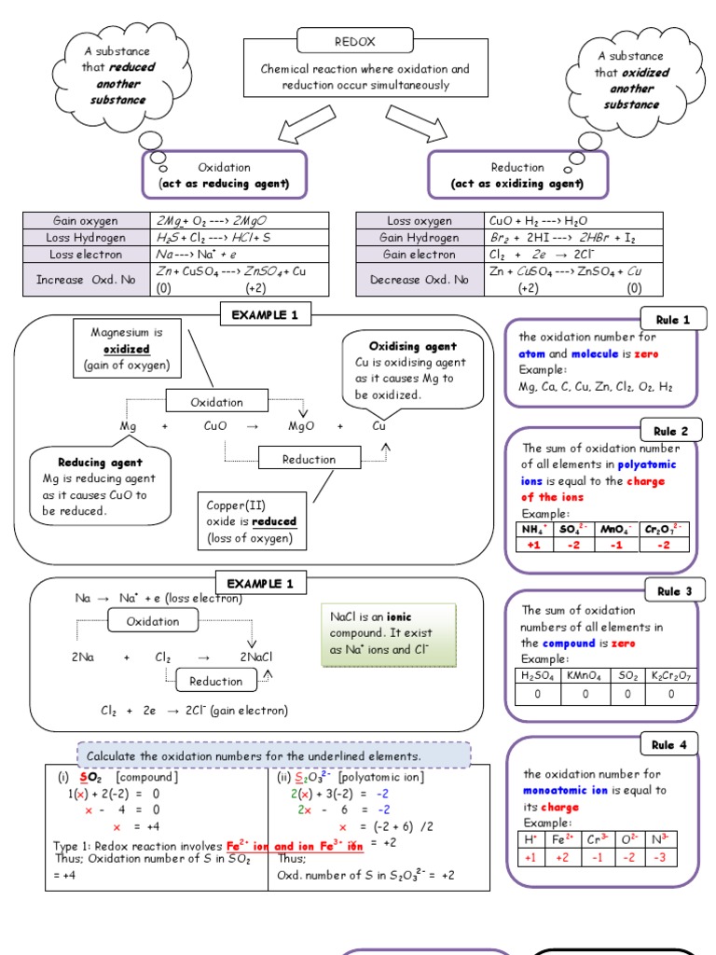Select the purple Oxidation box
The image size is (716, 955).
click(224, 174)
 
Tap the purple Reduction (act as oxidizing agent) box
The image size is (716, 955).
click(517, 174)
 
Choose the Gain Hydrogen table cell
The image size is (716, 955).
click(419, 237)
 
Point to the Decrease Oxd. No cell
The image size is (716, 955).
click(419, 279)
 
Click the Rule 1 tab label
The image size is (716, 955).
click(673, 320)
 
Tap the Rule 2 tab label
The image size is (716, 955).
click(673, 431)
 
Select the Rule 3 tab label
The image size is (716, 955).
click(673, 591)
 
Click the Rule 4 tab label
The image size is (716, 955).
click(673, 744)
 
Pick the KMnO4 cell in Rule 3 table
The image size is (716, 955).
click(585, 676)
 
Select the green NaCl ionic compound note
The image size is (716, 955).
click(387, 634)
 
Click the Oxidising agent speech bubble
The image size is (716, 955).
click(402, 370)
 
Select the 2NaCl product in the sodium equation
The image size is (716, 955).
click(255, 657)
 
